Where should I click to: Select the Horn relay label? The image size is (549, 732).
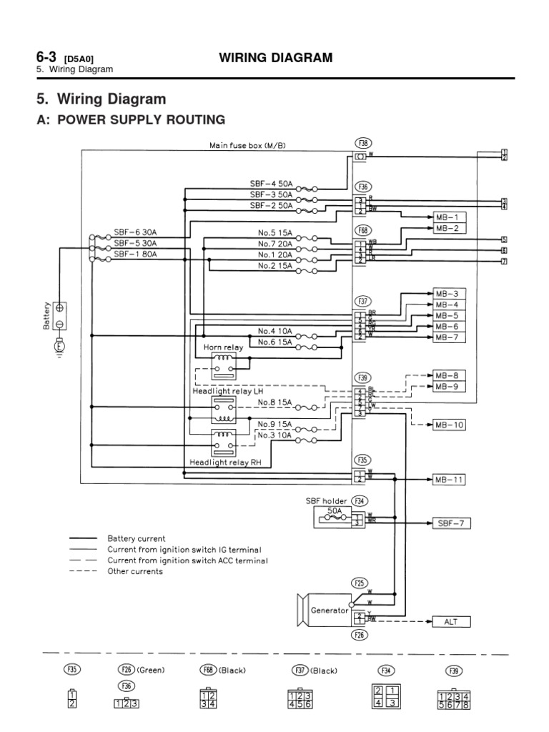[224, 347]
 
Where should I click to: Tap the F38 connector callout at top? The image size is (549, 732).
[362, 143]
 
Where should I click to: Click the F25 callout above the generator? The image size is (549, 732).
[362, 583]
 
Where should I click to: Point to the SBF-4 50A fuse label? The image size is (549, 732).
[271, 184]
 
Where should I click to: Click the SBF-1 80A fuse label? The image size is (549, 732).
[135, 254]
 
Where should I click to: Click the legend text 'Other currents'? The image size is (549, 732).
[135, 572]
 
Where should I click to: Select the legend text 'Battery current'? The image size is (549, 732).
[137, 538]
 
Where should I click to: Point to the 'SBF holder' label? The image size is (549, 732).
[325, 501]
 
